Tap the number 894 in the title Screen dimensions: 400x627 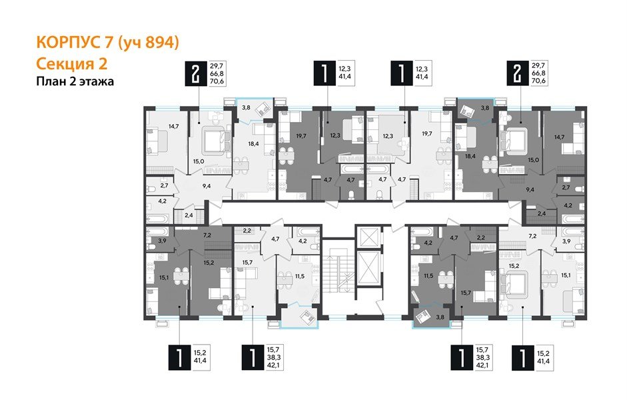tap(159, 43)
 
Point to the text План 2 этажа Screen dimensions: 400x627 tap(75, 82)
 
